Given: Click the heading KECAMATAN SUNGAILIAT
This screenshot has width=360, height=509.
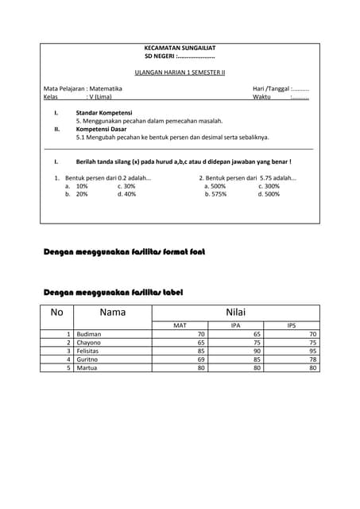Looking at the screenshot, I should click(180, 48).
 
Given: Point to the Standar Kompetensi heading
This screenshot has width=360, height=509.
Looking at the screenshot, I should click(103, 113).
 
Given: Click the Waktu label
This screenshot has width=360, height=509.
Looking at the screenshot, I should click(261, 96).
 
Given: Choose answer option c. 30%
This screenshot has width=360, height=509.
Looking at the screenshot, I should click(126, 186).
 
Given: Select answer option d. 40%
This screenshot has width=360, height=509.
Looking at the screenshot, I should click(126, 194).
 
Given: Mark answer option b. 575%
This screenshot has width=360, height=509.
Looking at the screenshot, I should click(215, 194).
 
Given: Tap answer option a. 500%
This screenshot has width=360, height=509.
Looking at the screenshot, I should click(215, 186).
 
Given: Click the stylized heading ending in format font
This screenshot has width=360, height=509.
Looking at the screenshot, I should click(123, 252).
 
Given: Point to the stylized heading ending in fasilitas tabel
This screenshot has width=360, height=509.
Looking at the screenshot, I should click(113, 293).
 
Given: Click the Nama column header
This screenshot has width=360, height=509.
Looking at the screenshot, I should click(113, 313).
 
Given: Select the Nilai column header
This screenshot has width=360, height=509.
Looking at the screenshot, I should click(236, 313).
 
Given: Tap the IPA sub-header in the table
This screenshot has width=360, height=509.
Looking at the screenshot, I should click(235, 325).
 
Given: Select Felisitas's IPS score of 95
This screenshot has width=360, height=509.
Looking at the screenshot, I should click(313, 351).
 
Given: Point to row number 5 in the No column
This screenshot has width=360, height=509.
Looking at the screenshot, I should click(69, 368).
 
